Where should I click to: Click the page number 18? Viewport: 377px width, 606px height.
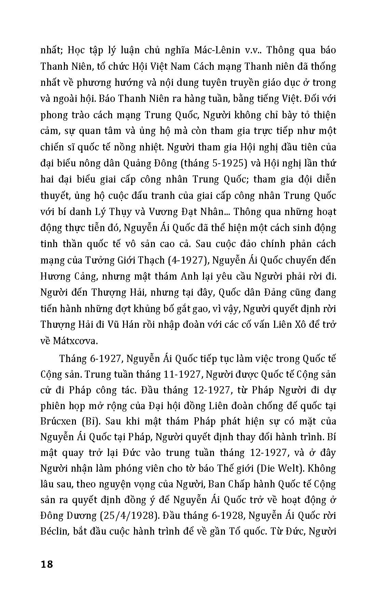pos(47,564)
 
